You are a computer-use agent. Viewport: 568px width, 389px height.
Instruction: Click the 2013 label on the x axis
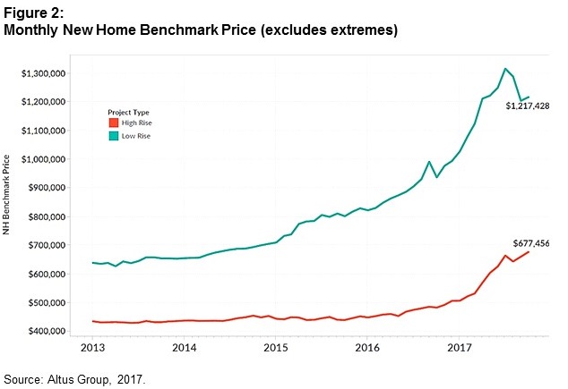(92, 346)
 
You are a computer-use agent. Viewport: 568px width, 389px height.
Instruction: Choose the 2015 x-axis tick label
(275, 346)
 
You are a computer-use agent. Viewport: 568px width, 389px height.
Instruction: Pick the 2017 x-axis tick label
(459, 346)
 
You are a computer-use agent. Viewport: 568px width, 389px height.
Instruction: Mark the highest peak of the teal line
(506, 68)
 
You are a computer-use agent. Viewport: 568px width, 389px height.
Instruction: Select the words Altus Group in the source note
(85, 376)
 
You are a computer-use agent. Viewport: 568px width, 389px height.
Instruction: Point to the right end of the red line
(529, 252)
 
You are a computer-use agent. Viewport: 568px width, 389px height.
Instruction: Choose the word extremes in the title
(358, 30)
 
